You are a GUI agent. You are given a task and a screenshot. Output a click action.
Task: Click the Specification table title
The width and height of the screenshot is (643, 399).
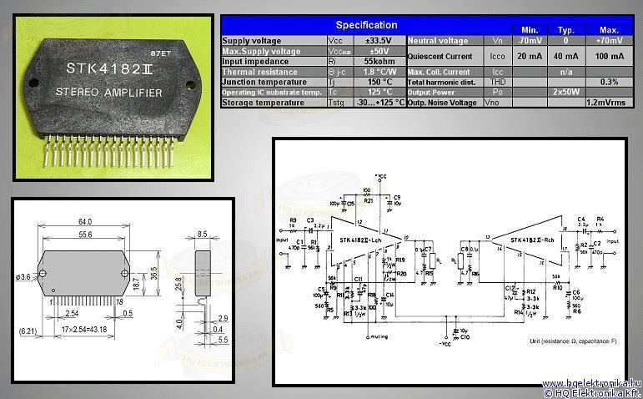(360, 25)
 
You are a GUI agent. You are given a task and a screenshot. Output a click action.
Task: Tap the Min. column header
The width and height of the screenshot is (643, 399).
(528, 29)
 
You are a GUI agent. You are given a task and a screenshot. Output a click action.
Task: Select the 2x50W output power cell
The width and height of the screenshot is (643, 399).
(567, 92)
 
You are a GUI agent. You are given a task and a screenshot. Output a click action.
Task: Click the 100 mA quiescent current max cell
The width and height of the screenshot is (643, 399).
(607, 56)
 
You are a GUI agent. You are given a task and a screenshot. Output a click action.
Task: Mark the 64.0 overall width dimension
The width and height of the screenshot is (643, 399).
(84, 222)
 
